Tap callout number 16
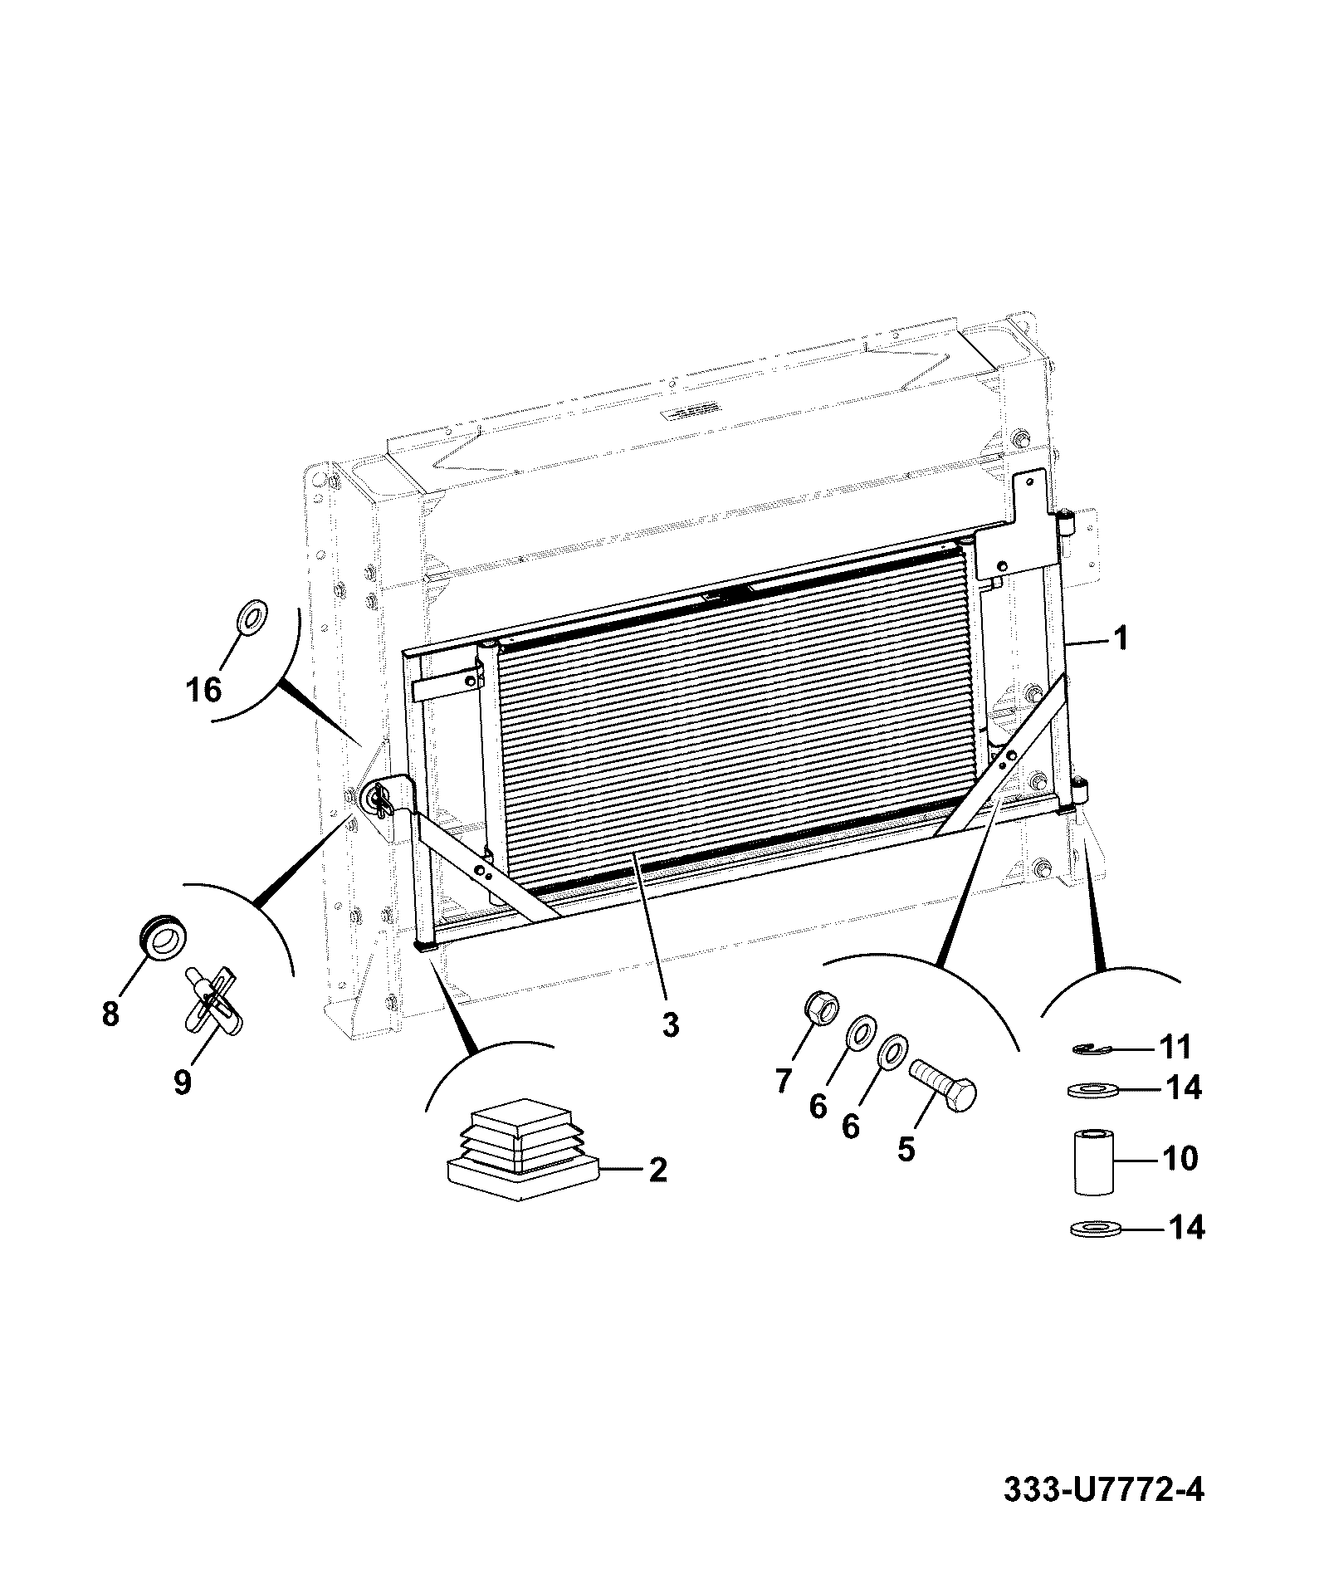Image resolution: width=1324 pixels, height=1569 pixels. pyautogui.click(x=204, y=690)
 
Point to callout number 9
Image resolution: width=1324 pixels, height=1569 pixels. pyautogui.click(x=182, y=1082)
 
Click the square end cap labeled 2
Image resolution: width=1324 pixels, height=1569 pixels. pyautogui.click(x=522, y=1149)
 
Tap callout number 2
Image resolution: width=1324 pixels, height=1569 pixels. pyautogui.click(x=657, y=1171)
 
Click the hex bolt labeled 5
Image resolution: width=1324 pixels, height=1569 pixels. pyautogui.click(x=944, y=1086)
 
